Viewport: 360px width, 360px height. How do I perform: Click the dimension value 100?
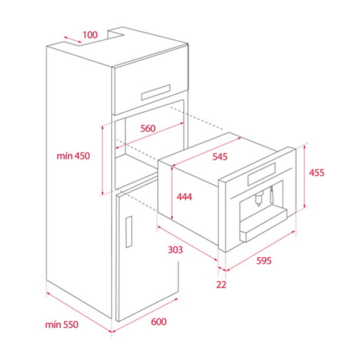[x=90, y=35]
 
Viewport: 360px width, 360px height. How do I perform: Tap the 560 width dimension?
[x=148, y=129]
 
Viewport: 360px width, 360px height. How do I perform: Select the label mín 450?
[x=73, y=156]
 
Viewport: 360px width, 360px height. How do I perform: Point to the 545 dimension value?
[x=220, y=157]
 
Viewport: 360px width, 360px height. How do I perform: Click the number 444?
[x=184, y=197]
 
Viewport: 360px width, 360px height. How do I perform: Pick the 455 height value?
[x=316, y=173]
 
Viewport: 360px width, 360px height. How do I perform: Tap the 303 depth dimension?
[x=175, y=250]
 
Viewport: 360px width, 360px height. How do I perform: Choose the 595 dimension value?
[x=264, y=261]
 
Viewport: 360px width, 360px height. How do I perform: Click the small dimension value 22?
[x=221, y=285]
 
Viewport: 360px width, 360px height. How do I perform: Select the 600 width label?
[x=159, y=321]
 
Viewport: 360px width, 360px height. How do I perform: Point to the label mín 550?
[x=62, y=325]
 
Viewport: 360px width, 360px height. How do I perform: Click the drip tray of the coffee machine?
[x=264, y=225]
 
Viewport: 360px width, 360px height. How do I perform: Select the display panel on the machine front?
[x=261, y=174]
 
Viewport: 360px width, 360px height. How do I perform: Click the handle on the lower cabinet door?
[x=129, y=232]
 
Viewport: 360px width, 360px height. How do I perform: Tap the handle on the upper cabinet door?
[x=156, y=92]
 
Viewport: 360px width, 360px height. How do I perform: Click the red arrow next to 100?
[x=73, y=40]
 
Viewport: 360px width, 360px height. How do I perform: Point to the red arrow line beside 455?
[x=305, y=176]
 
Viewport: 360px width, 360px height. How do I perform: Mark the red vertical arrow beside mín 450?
[x=102, y=160]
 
